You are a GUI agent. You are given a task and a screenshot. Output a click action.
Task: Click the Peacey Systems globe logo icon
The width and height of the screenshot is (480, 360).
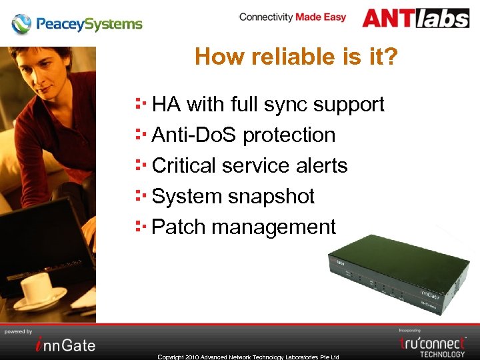pyautogui.click(x=21, y=25)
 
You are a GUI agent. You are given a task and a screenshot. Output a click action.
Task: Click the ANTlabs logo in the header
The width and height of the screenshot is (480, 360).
pyautogui.click(x=415, y=18)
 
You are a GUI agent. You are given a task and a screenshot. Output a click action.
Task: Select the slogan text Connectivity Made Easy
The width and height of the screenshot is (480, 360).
pyautogui.click(x=292, y=17)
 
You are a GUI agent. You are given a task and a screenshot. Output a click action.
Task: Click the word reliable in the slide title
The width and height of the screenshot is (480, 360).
pyautogui.click(x=286, y=57)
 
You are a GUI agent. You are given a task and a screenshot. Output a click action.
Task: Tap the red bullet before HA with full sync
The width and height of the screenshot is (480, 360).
pyautogui.click(x=140, y=103)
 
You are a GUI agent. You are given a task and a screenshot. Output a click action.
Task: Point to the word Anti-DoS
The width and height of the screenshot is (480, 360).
pyautogui.click(x=195, y=135)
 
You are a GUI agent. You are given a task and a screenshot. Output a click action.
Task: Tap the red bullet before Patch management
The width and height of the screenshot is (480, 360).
pyautogui.click(x=140, y=226)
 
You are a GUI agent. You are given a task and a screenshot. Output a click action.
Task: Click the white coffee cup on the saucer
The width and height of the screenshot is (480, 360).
pyautogui.click(x=38, y=288)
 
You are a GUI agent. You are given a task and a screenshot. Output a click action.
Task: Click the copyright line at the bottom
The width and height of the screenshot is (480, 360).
pyautogui.click(x=248, y=357)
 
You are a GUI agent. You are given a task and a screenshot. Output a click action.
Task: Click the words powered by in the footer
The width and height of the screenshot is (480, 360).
pyautogui.click(x=19, y=331)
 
